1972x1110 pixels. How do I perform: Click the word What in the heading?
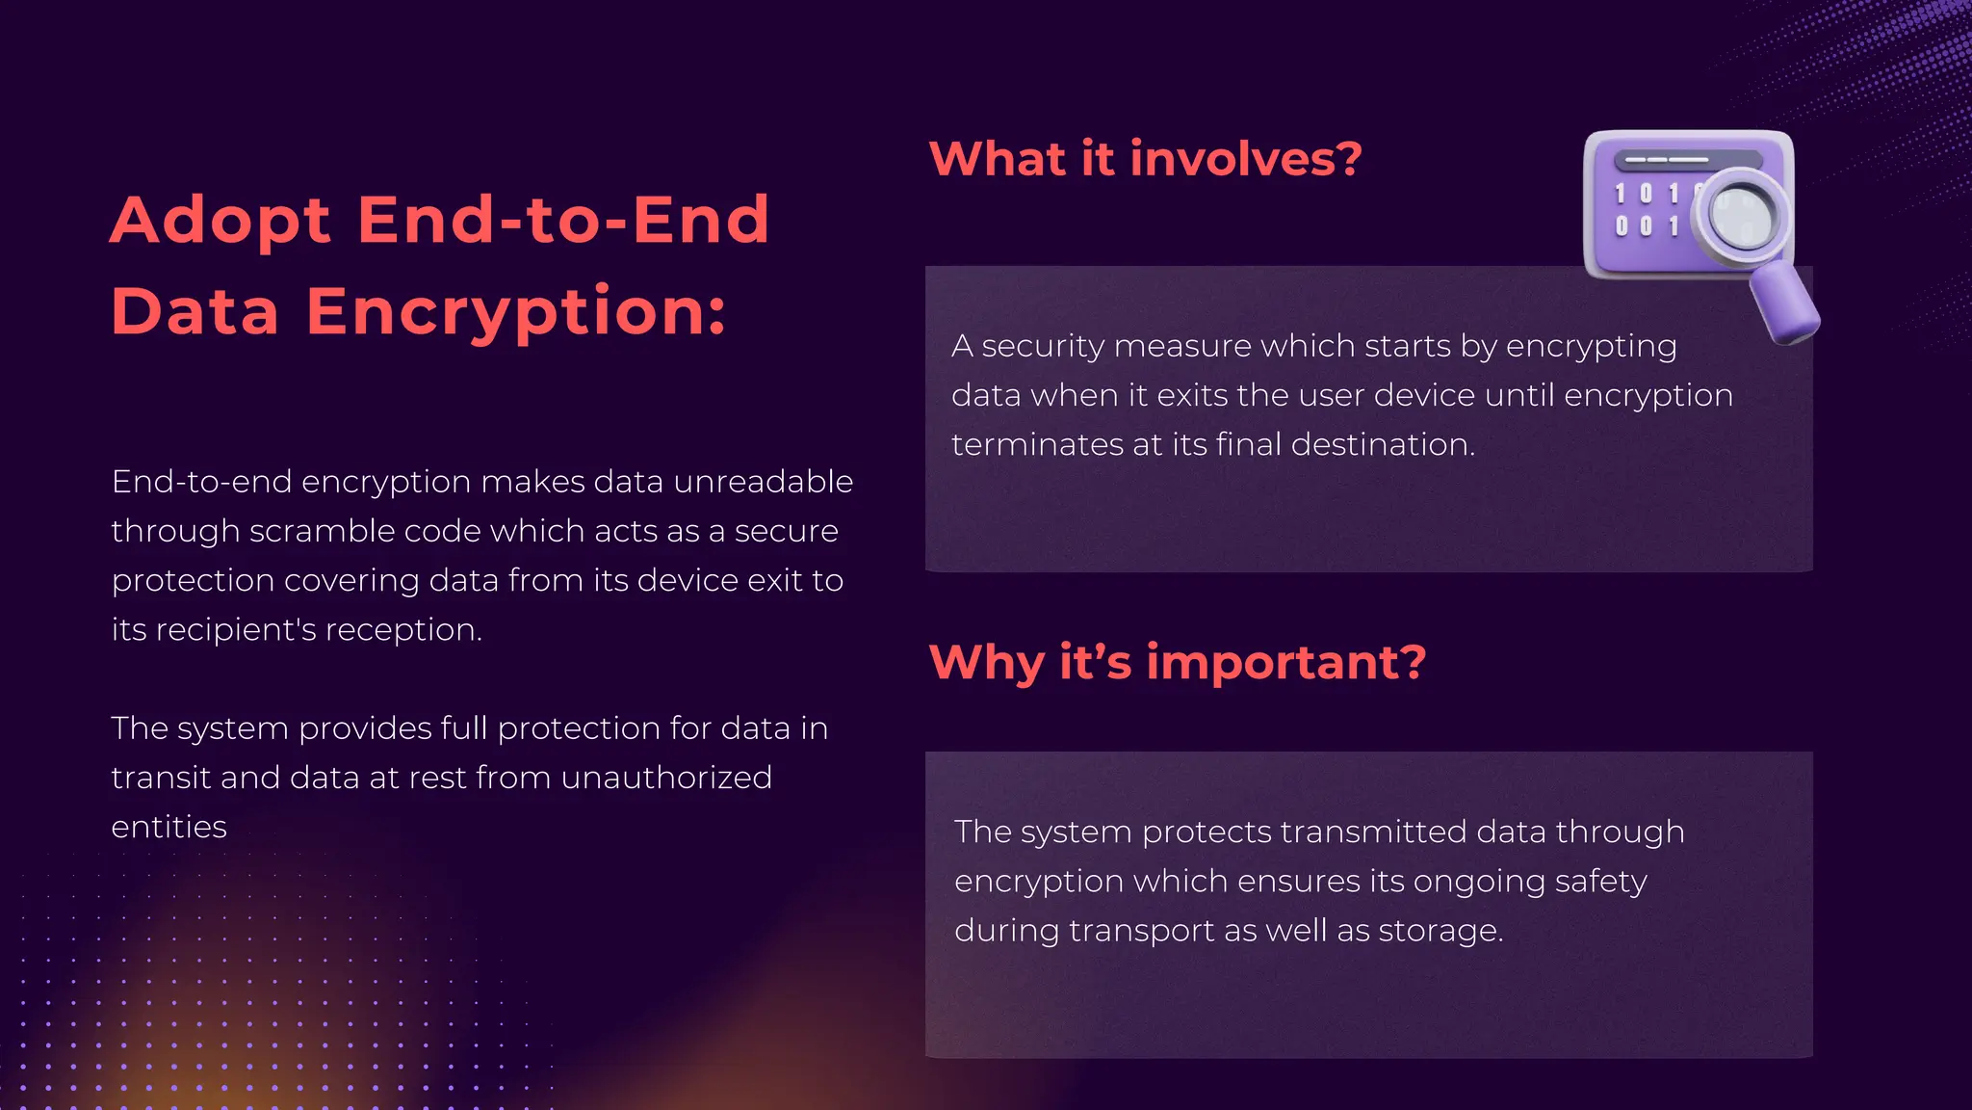[x=999, y=159]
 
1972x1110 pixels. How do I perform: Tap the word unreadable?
[x=763, y=482]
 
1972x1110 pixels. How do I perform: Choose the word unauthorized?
[x=666, y=778]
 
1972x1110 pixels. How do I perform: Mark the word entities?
[x=169, y=827]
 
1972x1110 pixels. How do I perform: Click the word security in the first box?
[x=1043, y=346]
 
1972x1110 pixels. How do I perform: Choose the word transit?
[x=160, y=778]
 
